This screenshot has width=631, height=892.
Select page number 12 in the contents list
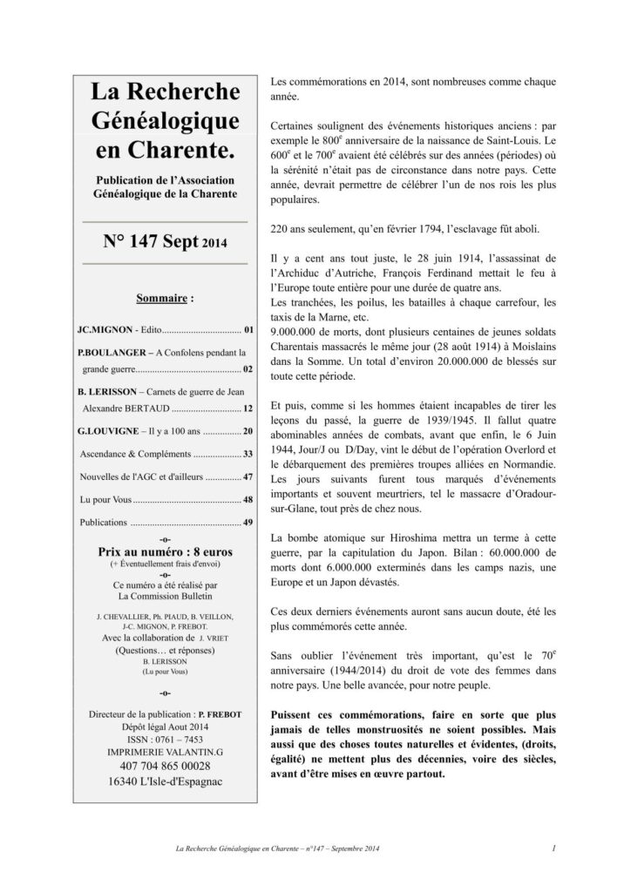click(248, 408)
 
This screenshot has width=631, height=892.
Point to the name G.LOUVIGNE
click(108, 431)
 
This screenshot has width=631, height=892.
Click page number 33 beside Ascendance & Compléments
click(248, 454)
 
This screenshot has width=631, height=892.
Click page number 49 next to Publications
click(248, 523)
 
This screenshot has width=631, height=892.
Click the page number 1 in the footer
click(554, 847)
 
